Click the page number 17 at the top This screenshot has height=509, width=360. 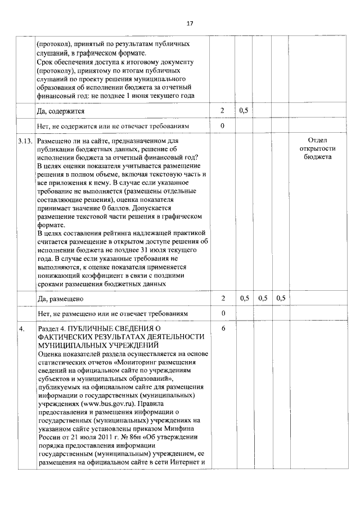[190, 24]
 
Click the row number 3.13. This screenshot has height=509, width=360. [24, 141]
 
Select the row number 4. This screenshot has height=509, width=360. [21, 327]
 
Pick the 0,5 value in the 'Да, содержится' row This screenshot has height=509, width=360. [244, 111]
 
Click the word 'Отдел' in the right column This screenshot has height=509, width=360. [318, 141]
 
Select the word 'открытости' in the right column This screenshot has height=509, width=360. [318, 149]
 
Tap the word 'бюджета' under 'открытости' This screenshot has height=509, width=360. [318, 157]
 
